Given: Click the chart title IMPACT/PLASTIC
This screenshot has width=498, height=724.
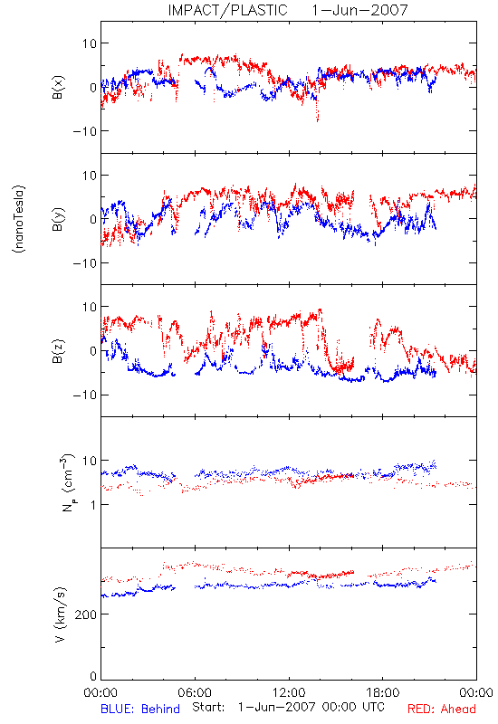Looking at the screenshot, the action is (x=227, y=10).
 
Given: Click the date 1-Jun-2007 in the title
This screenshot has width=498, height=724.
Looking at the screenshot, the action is (x=359, y=10).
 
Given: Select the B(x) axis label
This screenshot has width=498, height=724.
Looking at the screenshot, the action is (x=58, y=87).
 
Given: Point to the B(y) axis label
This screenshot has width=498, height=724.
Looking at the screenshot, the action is (x=58, y=219).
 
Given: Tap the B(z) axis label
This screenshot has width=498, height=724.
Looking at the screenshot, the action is (x=58, y=351).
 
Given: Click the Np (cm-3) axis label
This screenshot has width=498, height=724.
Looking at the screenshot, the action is (x=67, y=483).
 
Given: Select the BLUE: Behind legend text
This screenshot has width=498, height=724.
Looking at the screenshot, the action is (x=140, y=709).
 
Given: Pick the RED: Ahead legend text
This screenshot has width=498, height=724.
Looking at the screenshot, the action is (x=442, y=709).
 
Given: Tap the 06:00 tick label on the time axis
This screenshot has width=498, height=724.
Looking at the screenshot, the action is (x=195, y=692).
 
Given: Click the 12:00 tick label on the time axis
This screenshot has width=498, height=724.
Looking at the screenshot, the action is (x=289, y=692).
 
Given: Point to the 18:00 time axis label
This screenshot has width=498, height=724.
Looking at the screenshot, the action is (x=383, y=692).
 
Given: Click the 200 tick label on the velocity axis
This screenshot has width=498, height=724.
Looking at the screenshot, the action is (x=86, y=614).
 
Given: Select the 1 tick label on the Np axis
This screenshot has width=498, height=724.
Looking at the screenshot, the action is (x=93, y=505).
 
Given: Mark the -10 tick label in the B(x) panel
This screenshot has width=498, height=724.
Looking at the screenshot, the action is (x=85, y=131).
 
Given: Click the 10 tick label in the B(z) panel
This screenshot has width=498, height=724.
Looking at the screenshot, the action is (x=90, y=307).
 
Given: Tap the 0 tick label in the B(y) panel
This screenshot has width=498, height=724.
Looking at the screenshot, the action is (x=93, y=219).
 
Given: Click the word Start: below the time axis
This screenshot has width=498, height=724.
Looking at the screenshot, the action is (x=209, y=707).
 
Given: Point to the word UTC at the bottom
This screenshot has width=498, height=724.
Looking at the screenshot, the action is (x=372, y=707).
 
